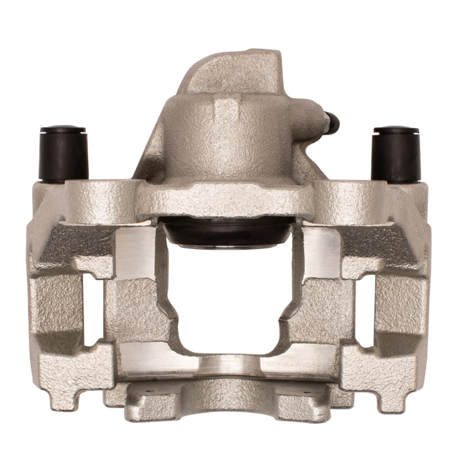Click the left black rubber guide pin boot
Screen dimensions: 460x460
click(x=63, y=154)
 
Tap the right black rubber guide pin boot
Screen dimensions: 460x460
click(x=396, y=154)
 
